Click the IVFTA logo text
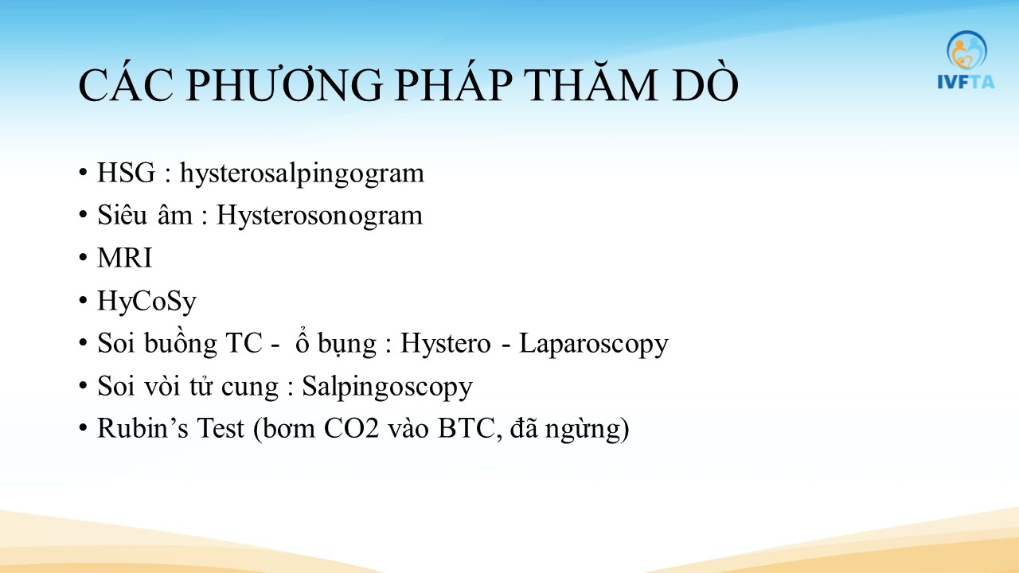pyautogui.click(x=966, y=82)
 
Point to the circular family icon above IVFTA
pyautogui.click(x=966, y=50)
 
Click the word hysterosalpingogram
pyautogui.click(x=302, y=174)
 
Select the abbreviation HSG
pyautogui.click(x=126, y=173)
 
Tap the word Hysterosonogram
pyautogui.click(x=319, y=216)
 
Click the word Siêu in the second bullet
pyautogui.click(x=122, y=215)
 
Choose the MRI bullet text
pyautogui.click(x=124, y=258)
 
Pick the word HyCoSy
pyautogui.click(x=146, y=302)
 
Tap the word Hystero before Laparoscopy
pyautogui.click(x=445, y=343)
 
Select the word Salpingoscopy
pyautogui.click(x=387, y=387)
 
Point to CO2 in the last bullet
pyautogui.click(x=351, y=428)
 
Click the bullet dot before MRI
pyautogui.click(x=83, y=259)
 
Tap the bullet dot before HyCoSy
pyautogui.click(x=83, y=301)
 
